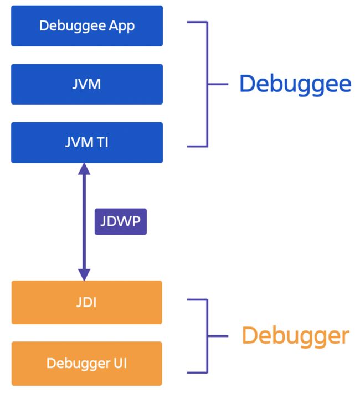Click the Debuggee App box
87,26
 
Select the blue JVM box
87,84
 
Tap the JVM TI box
87,142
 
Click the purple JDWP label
121,221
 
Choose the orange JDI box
87,302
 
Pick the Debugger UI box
87,364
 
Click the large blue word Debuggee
295,85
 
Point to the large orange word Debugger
295,336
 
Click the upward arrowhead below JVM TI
84,169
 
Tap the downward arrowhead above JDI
84,274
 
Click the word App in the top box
122,27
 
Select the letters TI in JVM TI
103,142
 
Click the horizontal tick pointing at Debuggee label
218,84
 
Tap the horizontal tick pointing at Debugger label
218,336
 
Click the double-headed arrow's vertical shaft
84,222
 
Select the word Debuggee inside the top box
73,27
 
